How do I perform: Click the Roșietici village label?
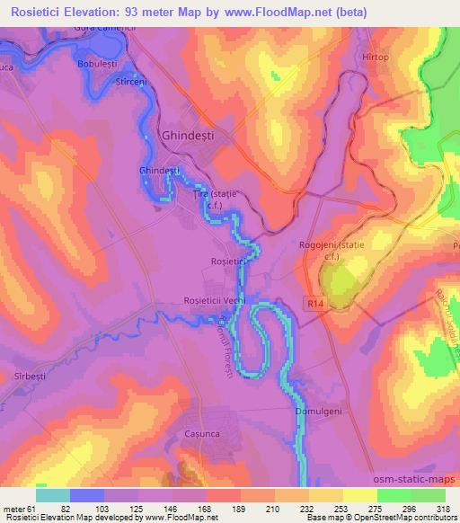228,261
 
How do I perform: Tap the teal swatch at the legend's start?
53,495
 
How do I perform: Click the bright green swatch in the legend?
392,495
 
